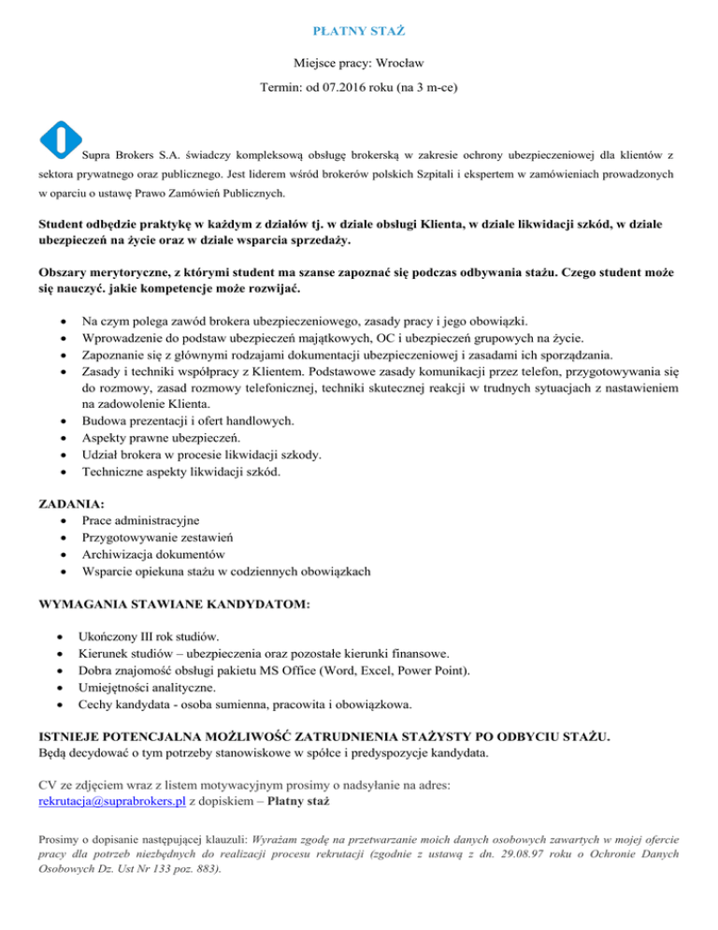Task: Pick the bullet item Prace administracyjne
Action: point(145,519)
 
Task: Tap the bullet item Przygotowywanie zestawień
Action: point(158,536)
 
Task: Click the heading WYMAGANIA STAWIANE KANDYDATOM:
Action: point(174,606)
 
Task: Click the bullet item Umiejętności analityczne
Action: point(155,686)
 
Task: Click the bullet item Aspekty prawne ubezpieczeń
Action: point(161,438)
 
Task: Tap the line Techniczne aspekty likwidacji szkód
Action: point(179,472)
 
